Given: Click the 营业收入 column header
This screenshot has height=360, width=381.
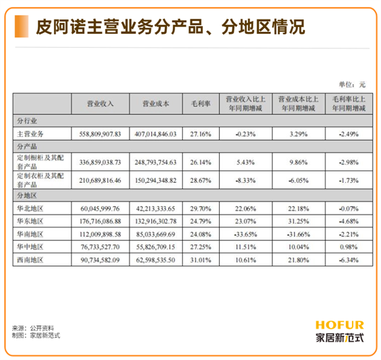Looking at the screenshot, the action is [x=100, y=104].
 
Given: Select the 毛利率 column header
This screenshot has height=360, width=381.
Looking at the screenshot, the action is [x=201, y=104].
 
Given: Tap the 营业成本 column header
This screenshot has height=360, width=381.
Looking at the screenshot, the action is [x=156, y=104].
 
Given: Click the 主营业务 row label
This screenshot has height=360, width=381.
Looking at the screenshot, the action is [x=30, y=134].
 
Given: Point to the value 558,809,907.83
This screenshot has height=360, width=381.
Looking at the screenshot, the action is [x=100, y=134].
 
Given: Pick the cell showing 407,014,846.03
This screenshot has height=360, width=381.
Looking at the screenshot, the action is [x=156, y=134].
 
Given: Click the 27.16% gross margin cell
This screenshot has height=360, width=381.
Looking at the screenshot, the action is [x=201, y=134].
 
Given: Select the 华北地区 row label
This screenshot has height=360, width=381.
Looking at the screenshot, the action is [x=30, y=208].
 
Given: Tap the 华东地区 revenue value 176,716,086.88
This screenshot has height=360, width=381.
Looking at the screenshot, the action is [x=100, y=222].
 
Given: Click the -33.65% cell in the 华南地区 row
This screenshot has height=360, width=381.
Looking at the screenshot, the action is [x=245, y=235].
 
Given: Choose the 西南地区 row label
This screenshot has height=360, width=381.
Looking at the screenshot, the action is [x=30, y=260].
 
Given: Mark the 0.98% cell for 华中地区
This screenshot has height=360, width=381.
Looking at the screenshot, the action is [x=348, y=247].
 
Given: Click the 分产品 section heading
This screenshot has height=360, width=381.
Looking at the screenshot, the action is [x=27, y=147].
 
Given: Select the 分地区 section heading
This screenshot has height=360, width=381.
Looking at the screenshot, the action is [x=27, y=195].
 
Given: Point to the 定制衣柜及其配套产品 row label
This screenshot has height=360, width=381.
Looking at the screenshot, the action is [x=40, y=180].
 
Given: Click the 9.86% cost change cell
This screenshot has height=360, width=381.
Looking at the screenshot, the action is [x=299, y=162].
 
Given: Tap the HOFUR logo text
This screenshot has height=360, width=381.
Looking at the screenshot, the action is [x=339, y=325].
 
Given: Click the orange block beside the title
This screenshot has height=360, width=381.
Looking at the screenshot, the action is [x=21, y=26].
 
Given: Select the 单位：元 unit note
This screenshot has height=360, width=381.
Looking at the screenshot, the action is [x=353, y=84].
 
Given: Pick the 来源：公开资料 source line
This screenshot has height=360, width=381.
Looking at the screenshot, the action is [x=33, y=328].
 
